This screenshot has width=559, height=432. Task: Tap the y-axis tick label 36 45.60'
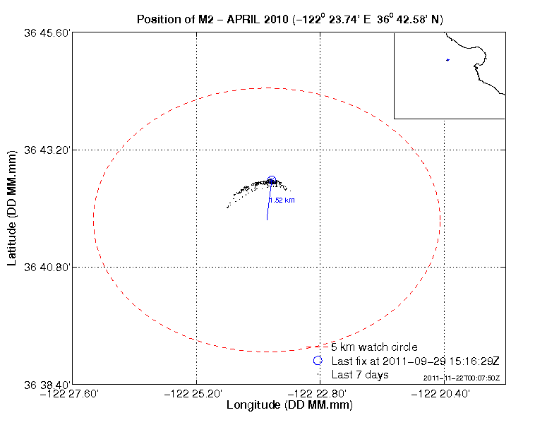(47, 32)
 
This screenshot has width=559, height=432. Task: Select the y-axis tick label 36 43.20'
(47, 150)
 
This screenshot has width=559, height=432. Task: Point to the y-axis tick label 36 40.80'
(47, 267)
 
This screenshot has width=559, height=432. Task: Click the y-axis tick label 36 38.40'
(47, 384)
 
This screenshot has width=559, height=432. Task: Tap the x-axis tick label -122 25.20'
(197, 394)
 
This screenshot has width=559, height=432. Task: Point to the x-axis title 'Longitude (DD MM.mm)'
(289, 406)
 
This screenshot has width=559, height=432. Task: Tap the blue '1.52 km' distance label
(282, 200)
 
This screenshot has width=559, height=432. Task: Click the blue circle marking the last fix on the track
(272, 181)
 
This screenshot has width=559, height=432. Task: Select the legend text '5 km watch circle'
(374, 347)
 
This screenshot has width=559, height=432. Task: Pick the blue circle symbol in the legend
(318, 361)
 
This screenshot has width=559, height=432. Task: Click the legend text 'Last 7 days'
(360, 374)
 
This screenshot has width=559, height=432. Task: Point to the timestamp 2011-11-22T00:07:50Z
(462, 378)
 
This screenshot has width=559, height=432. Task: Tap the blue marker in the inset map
(447, 60)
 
